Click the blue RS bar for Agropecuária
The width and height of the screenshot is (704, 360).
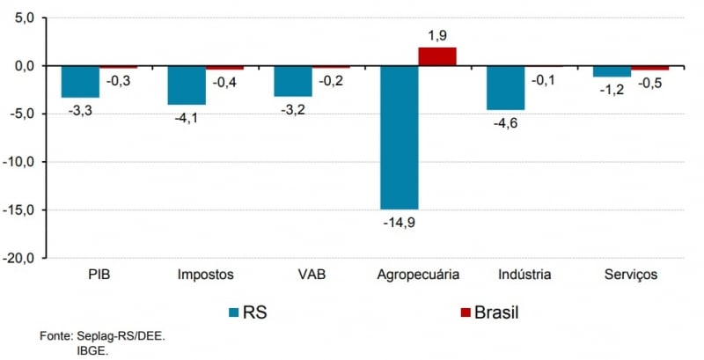pos(399,136)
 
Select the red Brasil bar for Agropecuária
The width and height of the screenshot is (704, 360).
pos(437,57)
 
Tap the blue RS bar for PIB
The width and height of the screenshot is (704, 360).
pos(80,81)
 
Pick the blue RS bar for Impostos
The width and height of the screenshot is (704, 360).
pos(187,85)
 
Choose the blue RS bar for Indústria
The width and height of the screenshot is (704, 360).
pos(505,87)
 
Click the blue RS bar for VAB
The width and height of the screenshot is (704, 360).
pos(293,81)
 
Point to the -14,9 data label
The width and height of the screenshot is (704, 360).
pos(399,221)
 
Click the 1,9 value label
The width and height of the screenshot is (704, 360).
pos(438,35)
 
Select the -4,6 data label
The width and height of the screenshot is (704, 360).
pos(505,121)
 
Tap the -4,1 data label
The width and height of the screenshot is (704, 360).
pos(187,117)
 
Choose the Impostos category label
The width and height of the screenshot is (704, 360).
pos(205,275)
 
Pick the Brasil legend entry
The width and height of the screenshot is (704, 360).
pos(489,312)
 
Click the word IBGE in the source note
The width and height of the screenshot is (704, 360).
pos(93,349)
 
